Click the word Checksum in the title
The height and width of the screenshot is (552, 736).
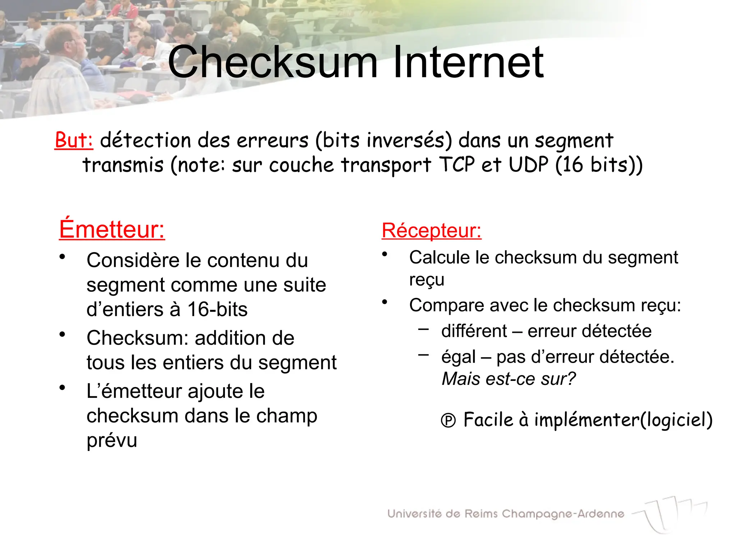point(272,62)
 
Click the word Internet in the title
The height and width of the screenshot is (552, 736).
point(468,62)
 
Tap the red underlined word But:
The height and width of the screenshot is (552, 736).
point(74,140)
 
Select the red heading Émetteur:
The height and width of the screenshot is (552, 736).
point(112,229)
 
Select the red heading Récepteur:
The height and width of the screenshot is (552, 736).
point(431,230)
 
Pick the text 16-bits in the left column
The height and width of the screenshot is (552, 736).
point(217,309)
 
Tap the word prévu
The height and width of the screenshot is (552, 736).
point(112,440)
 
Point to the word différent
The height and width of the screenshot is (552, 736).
point(474,331)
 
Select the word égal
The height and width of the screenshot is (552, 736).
point(459,357)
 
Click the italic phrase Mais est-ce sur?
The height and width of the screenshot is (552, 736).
point(508,379)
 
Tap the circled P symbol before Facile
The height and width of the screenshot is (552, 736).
point(448,420)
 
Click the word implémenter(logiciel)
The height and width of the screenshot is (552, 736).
point(623,420)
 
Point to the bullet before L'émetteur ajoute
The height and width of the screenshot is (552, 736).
point(63,388)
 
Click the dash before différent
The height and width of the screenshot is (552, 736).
point(423,328)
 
